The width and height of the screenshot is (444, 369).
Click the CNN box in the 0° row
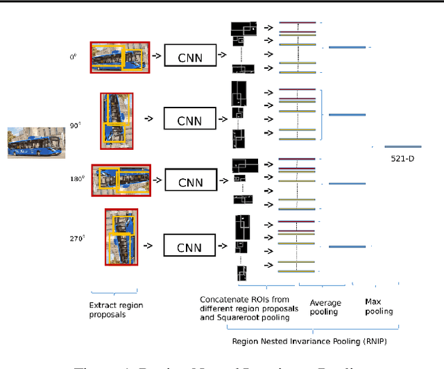click(x=190, y=56)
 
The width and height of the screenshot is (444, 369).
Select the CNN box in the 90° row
click(x=190, y=119)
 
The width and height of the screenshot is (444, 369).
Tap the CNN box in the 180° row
click(x=190, y=182)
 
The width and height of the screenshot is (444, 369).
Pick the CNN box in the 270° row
click(x=190, y=245)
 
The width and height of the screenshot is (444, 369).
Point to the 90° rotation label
click(x=74, y=126)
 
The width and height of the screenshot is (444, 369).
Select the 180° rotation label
click(x=76, y=178)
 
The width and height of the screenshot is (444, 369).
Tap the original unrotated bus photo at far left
click(x=31, y=141)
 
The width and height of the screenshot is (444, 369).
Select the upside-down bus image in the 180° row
click(x=121, y=179)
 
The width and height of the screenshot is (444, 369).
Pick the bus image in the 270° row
click(x=121, y=237)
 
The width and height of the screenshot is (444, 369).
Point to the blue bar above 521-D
click(x=403, y=146)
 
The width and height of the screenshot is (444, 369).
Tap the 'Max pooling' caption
click(x=379, y=307)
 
